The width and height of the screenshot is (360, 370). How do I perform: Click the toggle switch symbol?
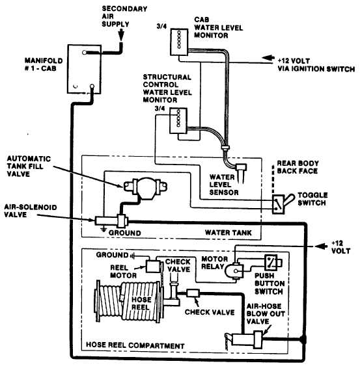point(283,204)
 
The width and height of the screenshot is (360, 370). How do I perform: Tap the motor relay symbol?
point(234,271)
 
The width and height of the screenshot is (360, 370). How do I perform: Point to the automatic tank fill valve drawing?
point(145,188)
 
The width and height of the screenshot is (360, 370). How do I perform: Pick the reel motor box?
point(153,266)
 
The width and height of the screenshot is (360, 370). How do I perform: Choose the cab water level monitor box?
point(179,42)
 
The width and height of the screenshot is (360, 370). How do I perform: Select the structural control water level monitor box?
point(178,120)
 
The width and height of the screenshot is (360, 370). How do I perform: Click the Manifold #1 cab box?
point(85,69)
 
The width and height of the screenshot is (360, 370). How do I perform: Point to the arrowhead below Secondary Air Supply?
point(121,35)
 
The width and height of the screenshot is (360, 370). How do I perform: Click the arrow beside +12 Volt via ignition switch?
point(268,58)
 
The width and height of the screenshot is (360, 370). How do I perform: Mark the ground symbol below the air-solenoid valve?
point(103,230)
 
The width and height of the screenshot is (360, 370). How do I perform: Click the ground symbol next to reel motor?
point(133,256)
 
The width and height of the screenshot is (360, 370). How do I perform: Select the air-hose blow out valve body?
point(247,340)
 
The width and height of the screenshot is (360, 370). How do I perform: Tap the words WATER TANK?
point(228,233)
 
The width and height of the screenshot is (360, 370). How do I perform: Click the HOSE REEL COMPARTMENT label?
point(135,345)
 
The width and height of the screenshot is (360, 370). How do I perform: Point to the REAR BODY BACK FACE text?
point(298,167)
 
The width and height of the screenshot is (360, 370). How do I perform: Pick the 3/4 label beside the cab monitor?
point(161,26)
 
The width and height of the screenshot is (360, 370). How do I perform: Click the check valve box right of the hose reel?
point(193,293)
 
